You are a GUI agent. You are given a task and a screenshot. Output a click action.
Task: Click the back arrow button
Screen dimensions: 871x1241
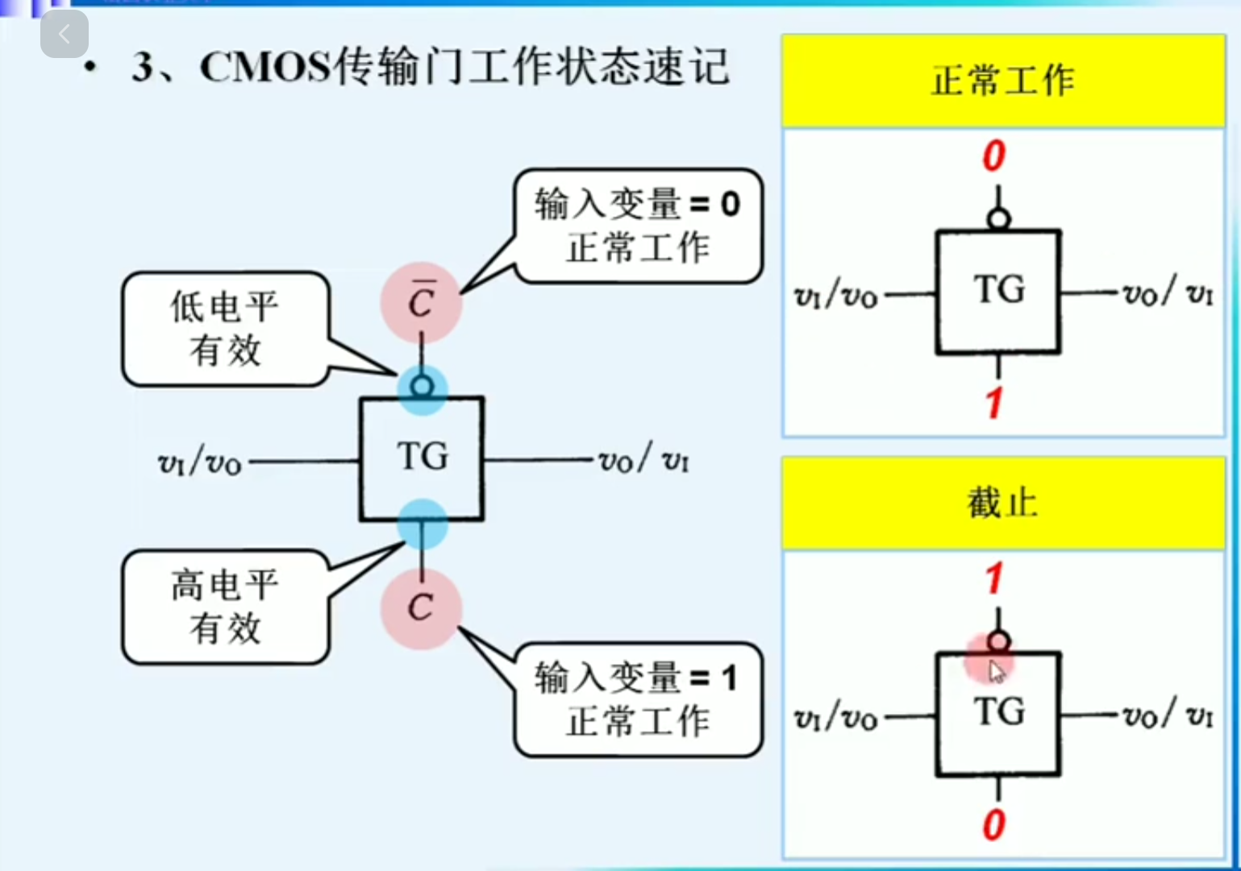64,34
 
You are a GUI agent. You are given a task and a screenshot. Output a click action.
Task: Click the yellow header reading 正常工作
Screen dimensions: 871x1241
1002,81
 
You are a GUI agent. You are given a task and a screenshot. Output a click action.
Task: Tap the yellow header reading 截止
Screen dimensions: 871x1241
1002,504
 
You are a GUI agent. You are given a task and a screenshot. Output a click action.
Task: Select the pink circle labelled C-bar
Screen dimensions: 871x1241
421,302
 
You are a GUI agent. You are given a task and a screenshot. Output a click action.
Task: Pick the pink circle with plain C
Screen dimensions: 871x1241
421,608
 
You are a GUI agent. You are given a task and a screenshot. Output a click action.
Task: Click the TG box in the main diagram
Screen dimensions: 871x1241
422,458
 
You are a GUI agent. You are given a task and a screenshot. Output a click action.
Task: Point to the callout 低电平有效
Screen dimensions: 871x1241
225,329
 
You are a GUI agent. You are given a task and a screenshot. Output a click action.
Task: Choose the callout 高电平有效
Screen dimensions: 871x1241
225,607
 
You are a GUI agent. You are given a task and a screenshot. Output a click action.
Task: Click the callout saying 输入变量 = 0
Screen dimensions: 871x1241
638,225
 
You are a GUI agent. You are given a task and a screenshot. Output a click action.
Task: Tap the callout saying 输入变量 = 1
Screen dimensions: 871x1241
638,699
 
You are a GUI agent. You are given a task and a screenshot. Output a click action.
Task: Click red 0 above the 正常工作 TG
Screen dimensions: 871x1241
994,156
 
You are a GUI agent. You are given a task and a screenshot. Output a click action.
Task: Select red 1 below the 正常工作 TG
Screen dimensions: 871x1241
994,402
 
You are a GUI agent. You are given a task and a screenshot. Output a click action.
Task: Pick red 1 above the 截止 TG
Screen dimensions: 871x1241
994,579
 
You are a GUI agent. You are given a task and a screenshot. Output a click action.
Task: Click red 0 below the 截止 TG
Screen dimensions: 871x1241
994,825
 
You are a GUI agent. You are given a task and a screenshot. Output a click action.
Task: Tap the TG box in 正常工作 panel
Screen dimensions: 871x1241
998,292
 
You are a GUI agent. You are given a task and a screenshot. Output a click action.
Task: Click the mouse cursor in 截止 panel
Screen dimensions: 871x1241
997,671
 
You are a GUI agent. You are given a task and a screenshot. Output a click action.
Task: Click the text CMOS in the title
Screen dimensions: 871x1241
265,67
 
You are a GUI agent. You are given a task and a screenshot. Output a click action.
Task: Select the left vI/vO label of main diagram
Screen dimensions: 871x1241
200,462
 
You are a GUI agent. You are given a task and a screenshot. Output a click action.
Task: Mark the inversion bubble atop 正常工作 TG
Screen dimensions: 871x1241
998,218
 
